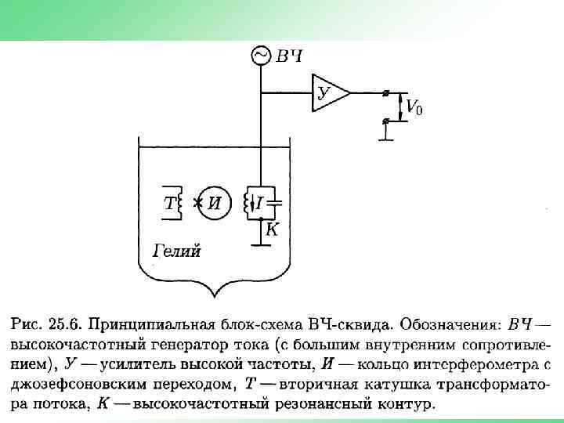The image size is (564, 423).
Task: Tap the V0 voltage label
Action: pyautogui.click(x=414, y=107)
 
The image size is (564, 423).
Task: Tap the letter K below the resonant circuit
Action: pyautogui.click(x=272, y=229)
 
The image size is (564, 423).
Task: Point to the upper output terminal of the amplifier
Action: pyautogui.click(x=385, y=92)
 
